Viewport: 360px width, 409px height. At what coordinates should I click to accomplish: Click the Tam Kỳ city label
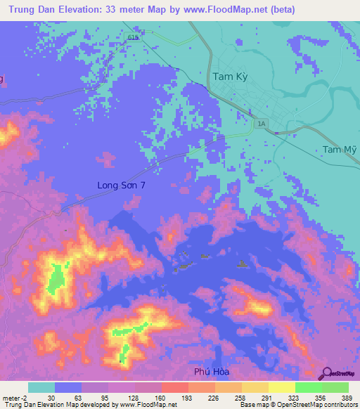(230, 77)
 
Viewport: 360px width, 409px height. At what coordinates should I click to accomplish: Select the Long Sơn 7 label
(121, 186)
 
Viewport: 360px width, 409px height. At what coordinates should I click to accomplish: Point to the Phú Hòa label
(212, 371)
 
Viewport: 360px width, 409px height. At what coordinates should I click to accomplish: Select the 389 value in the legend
(348, 397)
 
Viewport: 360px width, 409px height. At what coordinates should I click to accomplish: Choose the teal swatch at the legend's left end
(41, 387)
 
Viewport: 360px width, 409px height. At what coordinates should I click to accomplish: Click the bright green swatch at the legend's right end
(335, 387)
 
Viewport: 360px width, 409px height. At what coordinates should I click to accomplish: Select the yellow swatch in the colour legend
(281, 387)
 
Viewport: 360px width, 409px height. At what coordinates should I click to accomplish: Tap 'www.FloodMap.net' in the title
(232, 9)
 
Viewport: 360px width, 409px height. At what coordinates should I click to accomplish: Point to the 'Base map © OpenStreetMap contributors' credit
(297, 405)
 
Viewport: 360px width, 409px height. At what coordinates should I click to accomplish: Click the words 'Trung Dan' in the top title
(31, 9)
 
